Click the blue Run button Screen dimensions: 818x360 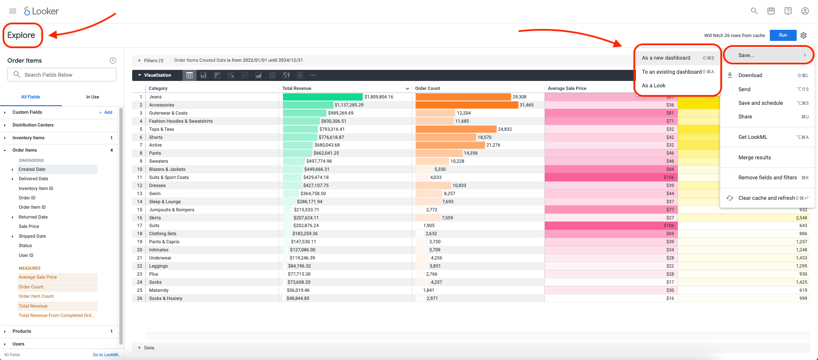point(783,35)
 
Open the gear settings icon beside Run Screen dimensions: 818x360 point(804,35)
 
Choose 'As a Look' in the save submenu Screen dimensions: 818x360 point(653,86)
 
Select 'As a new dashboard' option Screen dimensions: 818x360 point(666,58)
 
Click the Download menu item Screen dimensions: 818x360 point(750,75)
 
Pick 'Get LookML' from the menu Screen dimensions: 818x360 point(753,137)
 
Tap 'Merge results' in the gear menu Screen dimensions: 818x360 point(754,158)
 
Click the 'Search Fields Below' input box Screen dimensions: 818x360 point(62,75)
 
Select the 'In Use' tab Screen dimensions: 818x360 point(92,97)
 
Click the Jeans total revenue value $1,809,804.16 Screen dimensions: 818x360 point(379,97)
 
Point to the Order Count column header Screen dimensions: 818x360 point(428,89)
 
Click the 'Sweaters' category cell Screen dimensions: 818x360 point(159,161)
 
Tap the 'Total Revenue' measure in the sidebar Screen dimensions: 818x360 point(33,306)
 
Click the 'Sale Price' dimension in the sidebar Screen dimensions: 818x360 point(29,227)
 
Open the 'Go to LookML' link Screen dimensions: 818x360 point(106,355)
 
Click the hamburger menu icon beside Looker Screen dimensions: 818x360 point(13,11)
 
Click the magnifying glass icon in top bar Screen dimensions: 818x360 point(754,11)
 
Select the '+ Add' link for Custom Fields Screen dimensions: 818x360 point(106,112)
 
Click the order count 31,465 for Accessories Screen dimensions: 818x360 point(526,105)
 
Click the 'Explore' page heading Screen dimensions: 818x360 point(21,35)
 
